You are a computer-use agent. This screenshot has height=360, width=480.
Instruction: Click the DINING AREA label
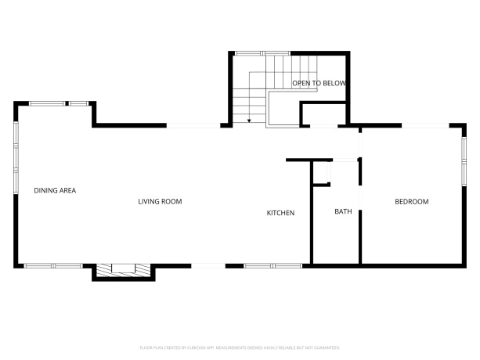pos(54,190)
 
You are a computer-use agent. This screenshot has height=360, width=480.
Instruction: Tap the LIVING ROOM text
pos(160,201)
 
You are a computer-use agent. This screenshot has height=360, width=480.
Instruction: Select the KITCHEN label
pos(280,213)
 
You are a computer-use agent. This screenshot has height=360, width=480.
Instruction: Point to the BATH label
pos(343,212)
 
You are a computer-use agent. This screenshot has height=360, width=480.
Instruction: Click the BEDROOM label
pos(411,202)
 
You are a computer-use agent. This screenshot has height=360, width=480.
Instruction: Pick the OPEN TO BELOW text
pos(319,82)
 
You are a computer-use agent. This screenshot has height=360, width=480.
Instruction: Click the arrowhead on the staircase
pos(249,121)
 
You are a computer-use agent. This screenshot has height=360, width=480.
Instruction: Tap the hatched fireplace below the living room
pos(122,271)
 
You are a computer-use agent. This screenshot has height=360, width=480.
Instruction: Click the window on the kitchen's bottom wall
pos(266,266)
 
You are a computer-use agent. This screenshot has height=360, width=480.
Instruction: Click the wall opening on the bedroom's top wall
pos(424,125)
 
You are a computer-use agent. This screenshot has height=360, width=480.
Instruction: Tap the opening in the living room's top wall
pos(193,125)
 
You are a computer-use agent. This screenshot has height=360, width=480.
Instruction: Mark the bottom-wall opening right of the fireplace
pos(208,266)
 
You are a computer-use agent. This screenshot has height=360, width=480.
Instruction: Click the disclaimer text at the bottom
pos(240,347)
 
